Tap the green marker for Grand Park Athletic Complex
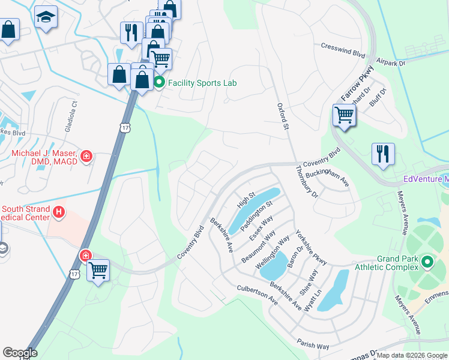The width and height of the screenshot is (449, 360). pos(427,262)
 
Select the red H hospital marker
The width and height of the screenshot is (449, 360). pos(59,212)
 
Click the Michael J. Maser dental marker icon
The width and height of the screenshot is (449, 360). pos(87,157)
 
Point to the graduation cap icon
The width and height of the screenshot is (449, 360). pos(45,17)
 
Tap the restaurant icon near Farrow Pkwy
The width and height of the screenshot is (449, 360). pos(383,154)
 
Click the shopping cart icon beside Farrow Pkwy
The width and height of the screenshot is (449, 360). pos(344,114)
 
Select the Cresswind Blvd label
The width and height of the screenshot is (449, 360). pos(343,50)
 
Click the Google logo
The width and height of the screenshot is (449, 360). pos(20,353)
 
